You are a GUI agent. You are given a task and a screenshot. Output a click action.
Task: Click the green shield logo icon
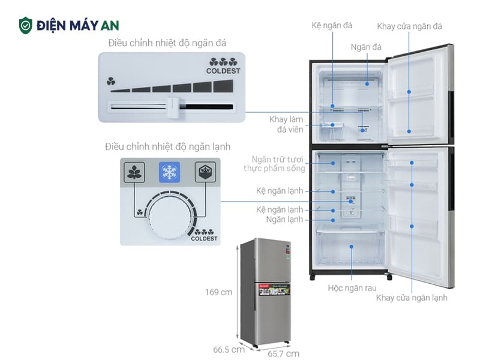coord(26,25)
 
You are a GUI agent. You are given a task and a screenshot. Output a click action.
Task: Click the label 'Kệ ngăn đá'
coord(332,26)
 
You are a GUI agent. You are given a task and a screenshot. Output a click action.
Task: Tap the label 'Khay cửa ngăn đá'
coord(410,26)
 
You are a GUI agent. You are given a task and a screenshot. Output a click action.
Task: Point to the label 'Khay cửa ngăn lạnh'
coord(412,297)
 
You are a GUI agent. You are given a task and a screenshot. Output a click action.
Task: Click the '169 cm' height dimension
coord(218,292)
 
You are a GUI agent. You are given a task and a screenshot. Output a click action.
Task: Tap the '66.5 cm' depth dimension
coord(229,349)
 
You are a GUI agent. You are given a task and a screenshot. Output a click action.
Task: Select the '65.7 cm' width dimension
coord(283,353)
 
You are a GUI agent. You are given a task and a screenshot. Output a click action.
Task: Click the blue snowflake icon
coord(170,173)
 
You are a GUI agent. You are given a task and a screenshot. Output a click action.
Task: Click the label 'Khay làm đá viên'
coord(286,124)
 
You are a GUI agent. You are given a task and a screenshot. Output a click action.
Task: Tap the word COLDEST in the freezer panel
coord(223,71)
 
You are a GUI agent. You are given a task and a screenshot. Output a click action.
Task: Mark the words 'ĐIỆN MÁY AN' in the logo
coord(77,25)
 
